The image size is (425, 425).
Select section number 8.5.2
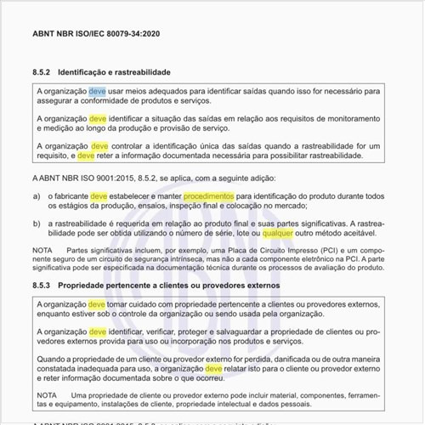[42, 72]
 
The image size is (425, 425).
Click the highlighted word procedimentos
[208, 196]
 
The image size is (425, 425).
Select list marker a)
[37, 196]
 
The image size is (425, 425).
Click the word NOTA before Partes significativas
[43, 251]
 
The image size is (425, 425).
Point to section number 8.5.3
[42, 286]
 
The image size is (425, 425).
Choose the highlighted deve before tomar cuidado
[98, 303]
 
